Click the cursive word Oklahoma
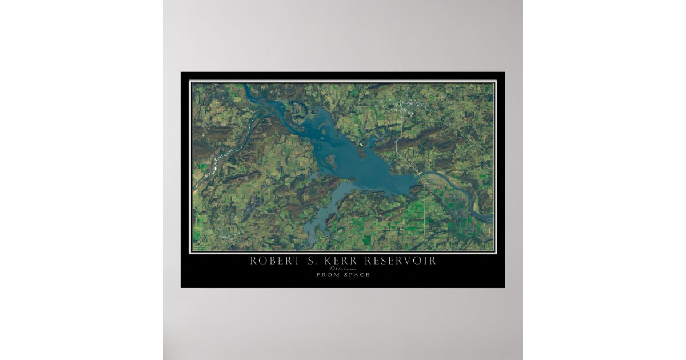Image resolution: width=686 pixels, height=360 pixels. [342, 269]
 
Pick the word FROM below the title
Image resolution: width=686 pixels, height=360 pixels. [328, 275]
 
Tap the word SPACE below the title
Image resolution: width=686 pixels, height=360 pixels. [357, 275]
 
